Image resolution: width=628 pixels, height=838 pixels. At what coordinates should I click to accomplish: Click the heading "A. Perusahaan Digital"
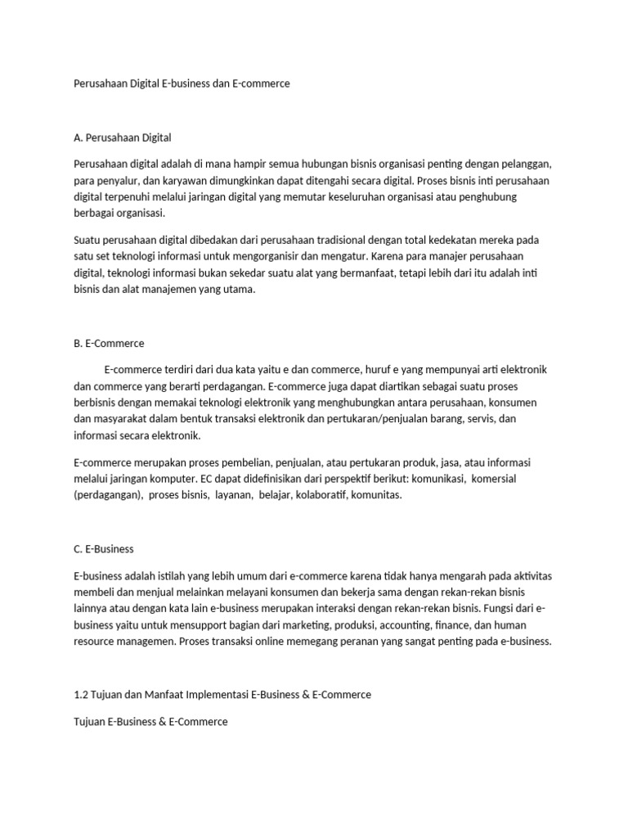coord(122,137)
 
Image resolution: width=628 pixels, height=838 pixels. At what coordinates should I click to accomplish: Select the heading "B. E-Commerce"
coord(109,343)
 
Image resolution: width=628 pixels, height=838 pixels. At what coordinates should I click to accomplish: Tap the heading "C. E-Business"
coord(104,548)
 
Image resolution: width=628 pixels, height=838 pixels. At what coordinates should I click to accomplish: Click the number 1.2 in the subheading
coord(81,694)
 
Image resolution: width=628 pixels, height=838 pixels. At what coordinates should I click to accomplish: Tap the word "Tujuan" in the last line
coord(89,722)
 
